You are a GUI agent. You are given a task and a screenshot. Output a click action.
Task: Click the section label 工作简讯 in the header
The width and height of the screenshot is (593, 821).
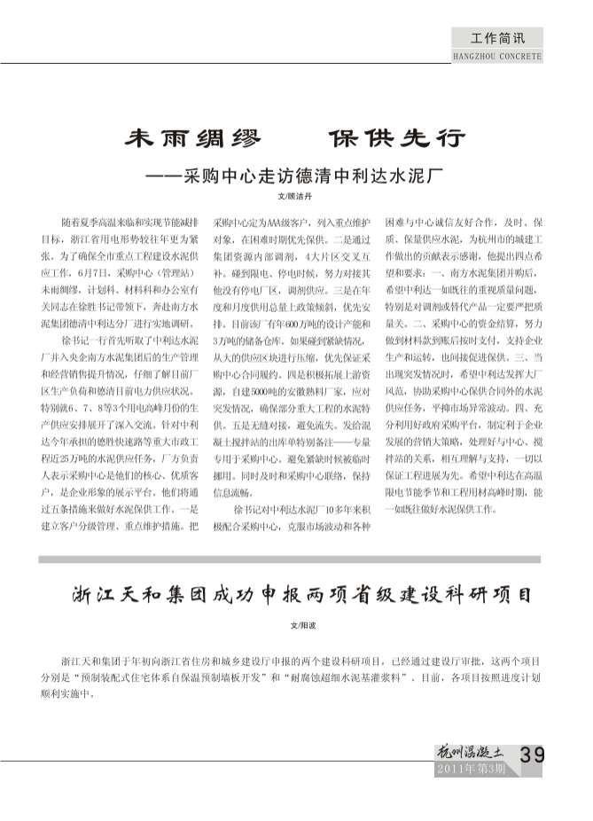[497, 39]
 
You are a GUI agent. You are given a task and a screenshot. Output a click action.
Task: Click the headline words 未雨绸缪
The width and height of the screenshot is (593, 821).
[192, 140]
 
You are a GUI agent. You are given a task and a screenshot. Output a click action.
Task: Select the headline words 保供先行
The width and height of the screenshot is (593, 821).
[396, 140]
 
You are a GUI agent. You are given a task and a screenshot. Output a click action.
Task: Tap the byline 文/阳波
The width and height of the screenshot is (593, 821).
[295, 625]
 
